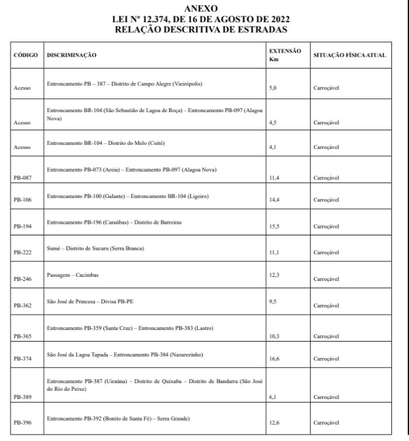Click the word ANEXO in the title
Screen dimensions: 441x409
pyautogui.click(x=201, y=9)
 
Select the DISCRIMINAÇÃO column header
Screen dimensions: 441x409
pyautogui.click(x=71, y=55)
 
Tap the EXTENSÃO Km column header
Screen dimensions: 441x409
pyautogui.click(x=285, y=55)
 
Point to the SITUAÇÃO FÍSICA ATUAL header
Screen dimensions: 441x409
pyautogui.click(x=349, y=55)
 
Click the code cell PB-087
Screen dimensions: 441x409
pyautogui.click(x=22, y=179)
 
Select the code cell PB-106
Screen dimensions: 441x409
pyautogui.click(x=22, y=200)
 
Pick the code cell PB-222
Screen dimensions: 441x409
pyautogui.click(x=22, y=252)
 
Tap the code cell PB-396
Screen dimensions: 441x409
pyautogui.click(x=22, y=423)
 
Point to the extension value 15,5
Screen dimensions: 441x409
pyautogui.click(x=274, y=226)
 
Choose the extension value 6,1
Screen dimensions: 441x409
pyautogui.click(x=273, y=397)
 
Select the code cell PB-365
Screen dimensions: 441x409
pyautogui.click(x=22, y=337)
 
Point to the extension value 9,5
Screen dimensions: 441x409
pyautogui.click(x=273, y=303)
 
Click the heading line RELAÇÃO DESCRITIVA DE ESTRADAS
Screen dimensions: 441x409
pyautogui.click(x=201, y=28)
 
